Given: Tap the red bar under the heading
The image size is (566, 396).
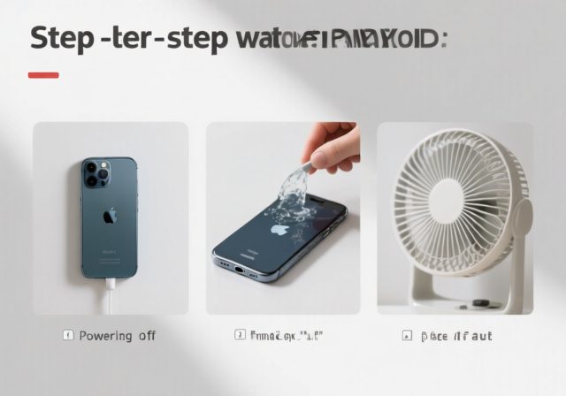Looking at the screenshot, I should pyautogui.click(x=43, y=75).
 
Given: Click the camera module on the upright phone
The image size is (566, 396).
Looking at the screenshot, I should pyautogui.click(x=96, y=173).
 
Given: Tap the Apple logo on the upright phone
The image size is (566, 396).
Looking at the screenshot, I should pyautogui.click(x=110, y=216).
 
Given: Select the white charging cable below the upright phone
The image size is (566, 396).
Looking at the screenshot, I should pyautogui.click(x=111, y=296).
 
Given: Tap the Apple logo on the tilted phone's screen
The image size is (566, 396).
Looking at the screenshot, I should pyautogui.click(x=279, y=229).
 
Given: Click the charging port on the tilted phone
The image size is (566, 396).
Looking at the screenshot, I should pyautogui.click(x=237, y=267).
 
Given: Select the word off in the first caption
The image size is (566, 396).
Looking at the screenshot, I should pyautogui.click(x=147, y=336).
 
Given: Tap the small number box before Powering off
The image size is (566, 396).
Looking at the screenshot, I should pyautogui.click(x=67, y=336).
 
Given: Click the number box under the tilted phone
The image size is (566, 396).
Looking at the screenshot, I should pyautogui.click(x=240, y=336).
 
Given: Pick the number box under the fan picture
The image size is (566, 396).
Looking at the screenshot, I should pyautogui.click(x=407, y=336).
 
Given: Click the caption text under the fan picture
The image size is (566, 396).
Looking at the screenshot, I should pyautogui.click(x=456, y=336).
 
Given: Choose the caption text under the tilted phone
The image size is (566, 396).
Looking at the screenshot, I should pyautogui.click(x=285, y=336).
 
